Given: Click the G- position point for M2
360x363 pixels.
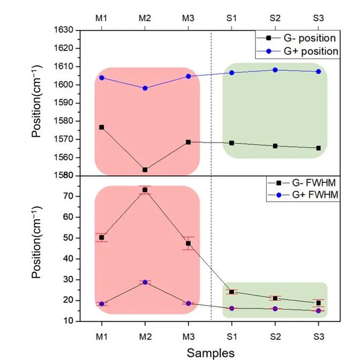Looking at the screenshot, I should (x=145, y=169).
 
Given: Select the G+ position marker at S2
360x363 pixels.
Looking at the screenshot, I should (x=275, y=70).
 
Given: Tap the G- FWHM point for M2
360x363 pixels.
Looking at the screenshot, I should (x=145, y=190).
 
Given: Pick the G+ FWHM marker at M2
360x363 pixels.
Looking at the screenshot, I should (x=145, y=282).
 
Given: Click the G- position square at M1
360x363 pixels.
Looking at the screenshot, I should (x=101, y=127).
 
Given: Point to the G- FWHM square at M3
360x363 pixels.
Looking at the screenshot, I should (x=188, y=243).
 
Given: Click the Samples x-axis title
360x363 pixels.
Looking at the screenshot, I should (x=210, y=353).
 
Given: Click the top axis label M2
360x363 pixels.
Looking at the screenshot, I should (x=145, y=18).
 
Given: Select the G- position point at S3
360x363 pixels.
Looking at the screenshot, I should (x=318, y=148).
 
